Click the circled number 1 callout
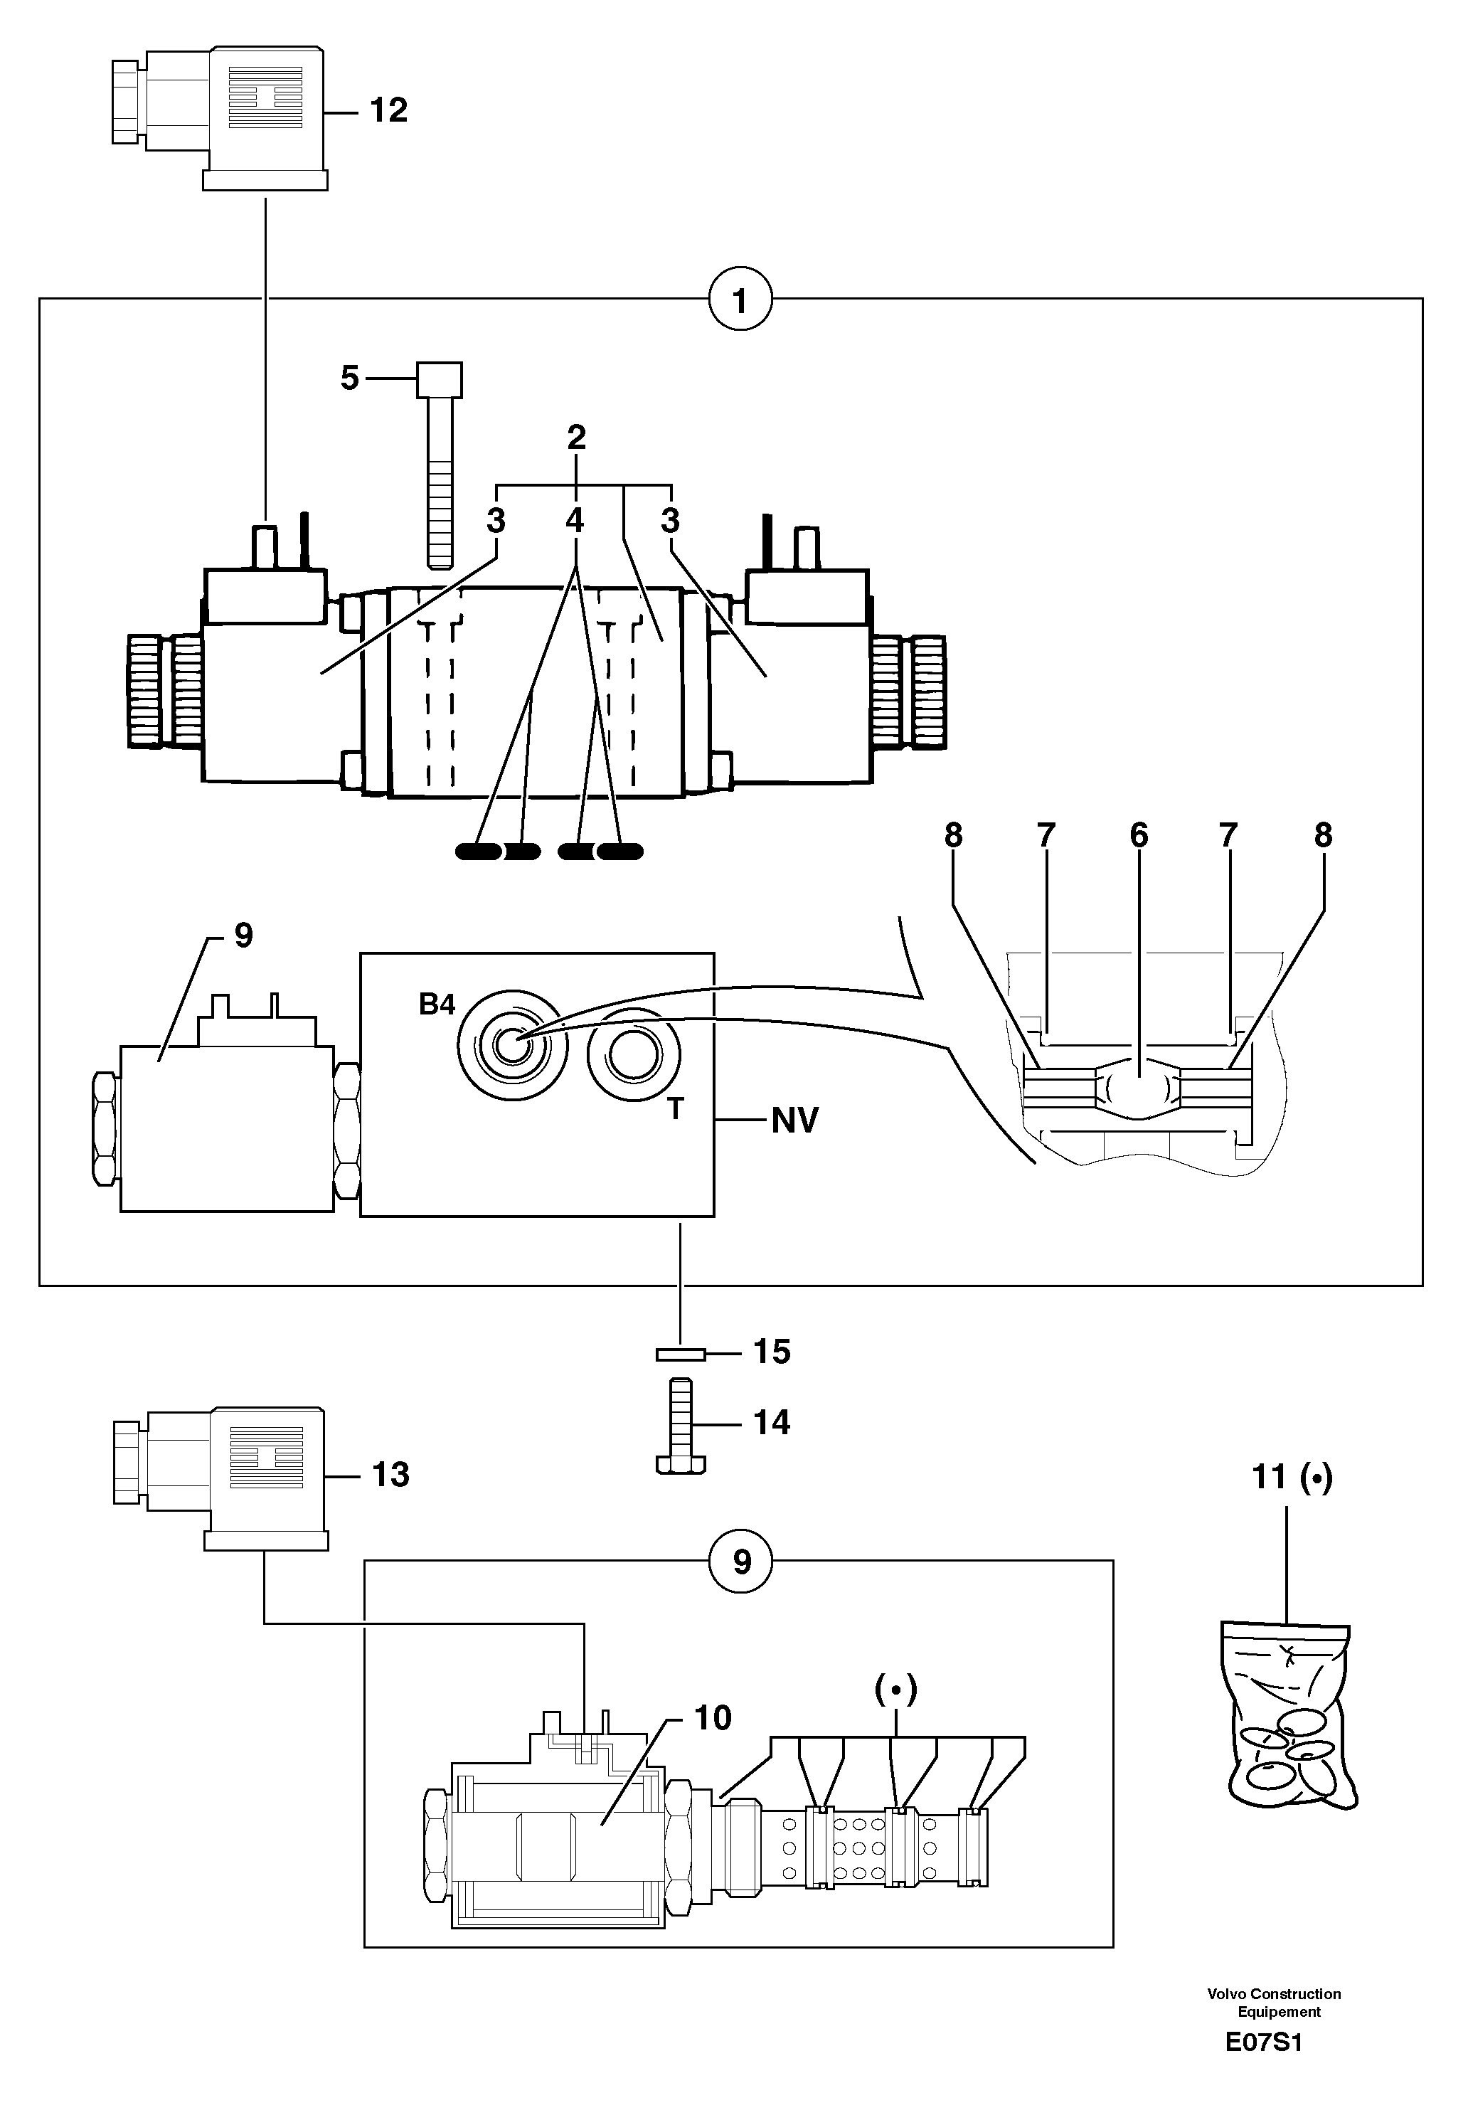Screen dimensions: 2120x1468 [x=740, y=300]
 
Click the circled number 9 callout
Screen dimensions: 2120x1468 [x=741, y=1561]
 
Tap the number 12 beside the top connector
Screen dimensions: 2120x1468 [x=388, y=110]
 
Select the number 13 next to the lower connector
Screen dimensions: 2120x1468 [x=390, y=1474]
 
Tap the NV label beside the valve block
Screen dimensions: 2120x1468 [x=794, y=1120]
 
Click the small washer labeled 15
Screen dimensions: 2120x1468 [x=680, y=1354]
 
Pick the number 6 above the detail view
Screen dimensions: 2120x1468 [x=1139, y=835]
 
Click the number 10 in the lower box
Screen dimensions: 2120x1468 [x=713, y=1717]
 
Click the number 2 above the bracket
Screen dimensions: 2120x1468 [x=577, y=438]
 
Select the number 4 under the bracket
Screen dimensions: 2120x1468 [x=575, y=521]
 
